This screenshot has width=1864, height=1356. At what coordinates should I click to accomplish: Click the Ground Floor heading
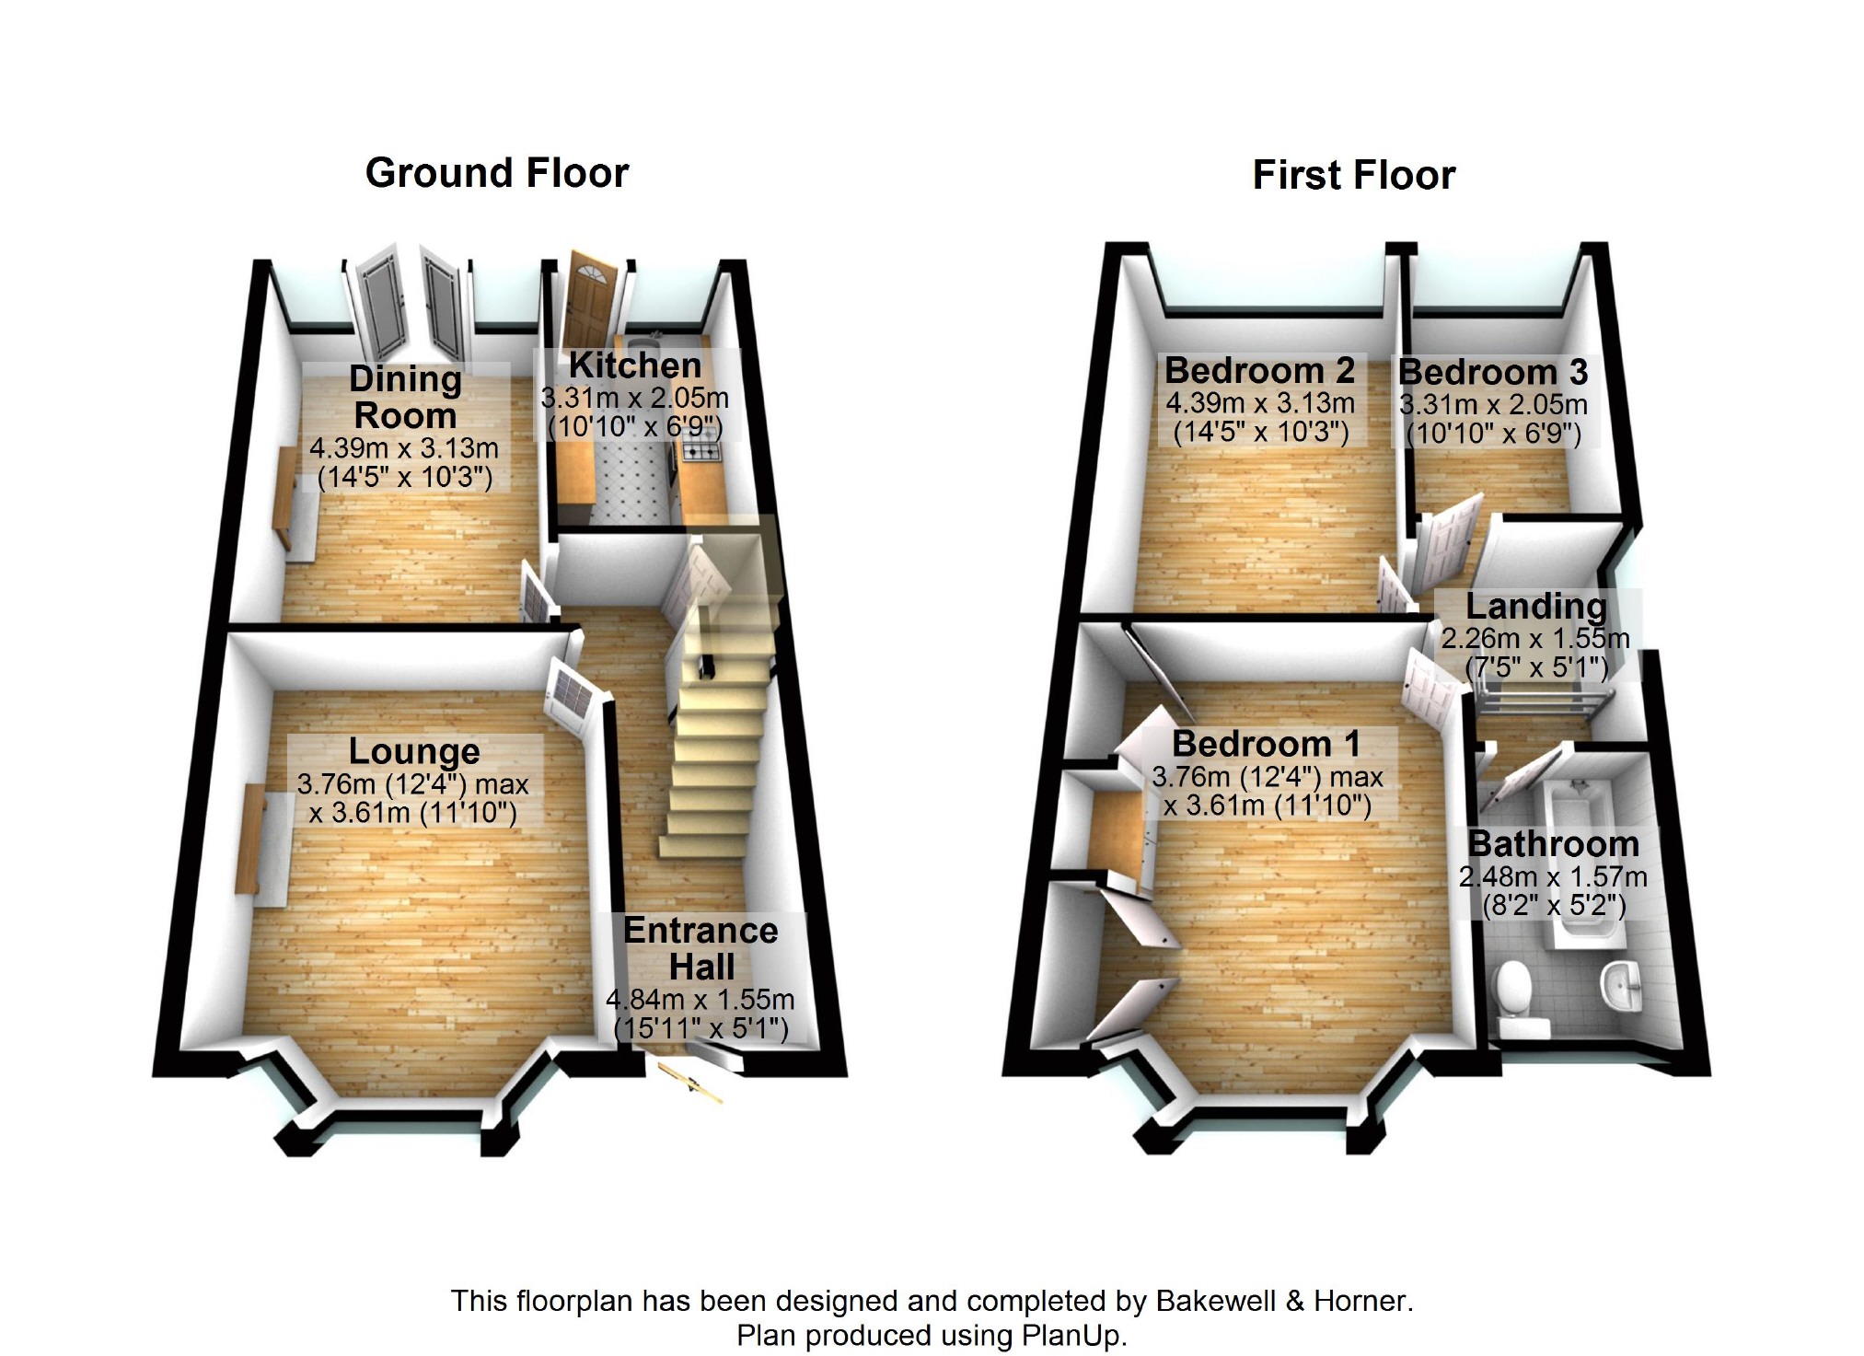(x=497, y=173)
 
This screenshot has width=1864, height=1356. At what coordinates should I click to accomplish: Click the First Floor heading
(x=1353, y=175)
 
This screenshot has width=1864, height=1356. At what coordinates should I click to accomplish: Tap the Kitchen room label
(x=635, y=365)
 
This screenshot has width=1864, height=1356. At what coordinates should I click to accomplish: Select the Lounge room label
(x=414, y=751)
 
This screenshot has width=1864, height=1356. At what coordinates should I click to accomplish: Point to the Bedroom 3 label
(x=1492, y=373)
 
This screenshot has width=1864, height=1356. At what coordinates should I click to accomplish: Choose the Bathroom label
(x=1553, y=843)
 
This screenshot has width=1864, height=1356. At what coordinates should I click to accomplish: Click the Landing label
(x=1535, y=606)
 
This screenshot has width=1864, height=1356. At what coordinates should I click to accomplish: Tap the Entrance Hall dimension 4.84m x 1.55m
(x=700, y=1000)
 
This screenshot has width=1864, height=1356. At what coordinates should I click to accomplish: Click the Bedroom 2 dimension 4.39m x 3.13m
(x=1260, y=403)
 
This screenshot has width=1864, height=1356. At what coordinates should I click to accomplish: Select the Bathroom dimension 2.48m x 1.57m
(x=1553, y=876)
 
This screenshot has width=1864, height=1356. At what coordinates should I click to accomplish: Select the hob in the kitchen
(x=702, y=452)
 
